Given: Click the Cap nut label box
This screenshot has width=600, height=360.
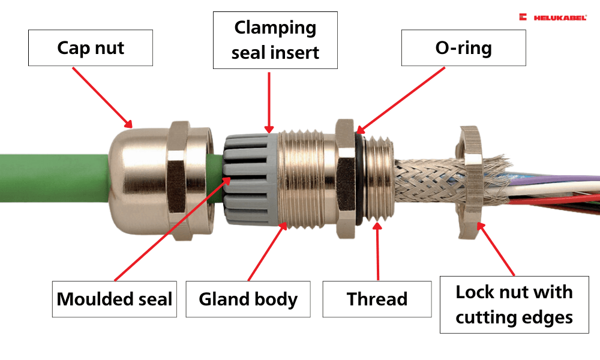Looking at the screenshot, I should [91, 47].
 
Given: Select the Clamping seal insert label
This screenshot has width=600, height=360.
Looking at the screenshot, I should [275, 40].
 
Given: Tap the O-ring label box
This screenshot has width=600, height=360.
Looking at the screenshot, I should [463, 47].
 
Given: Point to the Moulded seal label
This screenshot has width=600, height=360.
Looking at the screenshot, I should [114, 299].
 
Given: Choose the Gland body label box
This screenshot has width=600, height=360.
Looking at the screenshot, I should [248, 299].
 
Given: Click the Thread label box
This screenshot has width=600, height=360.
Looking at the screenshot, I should [377, 299].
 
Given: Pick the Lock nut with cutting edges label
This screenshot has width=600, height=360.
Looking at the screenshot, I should [514, 304].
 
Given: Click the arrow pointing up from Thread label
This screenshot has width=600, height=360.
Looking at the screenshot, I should [378, 252].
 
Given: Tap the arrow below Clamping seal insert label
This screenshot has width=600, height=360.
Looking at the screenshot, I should [270, 102].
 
